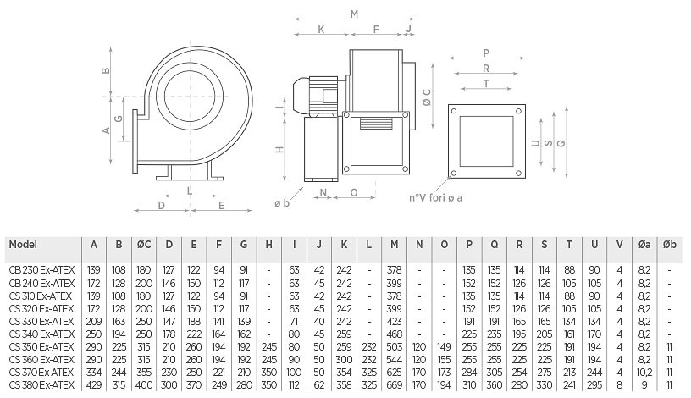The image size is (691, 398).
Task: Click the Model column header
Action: coord(23,245)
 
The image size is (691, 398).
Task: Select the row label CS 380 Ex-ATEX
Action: coord(41,385)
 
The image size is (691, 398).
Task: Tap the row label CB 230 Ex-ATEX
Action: coord(41,270)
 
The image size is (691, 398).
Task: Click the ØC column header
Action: coord(144,245)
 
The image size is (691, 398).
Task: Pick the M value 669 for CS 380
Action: coord(394,385)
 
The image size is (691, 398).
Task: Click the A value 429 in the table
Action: coord(94,385)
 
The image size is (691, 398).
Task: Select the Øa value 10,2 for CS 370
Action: coord(644,373)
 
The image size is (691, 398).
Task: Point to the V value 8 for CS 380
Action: coord(620,385)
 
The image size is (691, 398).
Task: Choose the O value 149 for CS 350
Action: coord(445,347)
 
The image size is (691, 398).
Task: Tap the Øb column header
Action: coord(669,245)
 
